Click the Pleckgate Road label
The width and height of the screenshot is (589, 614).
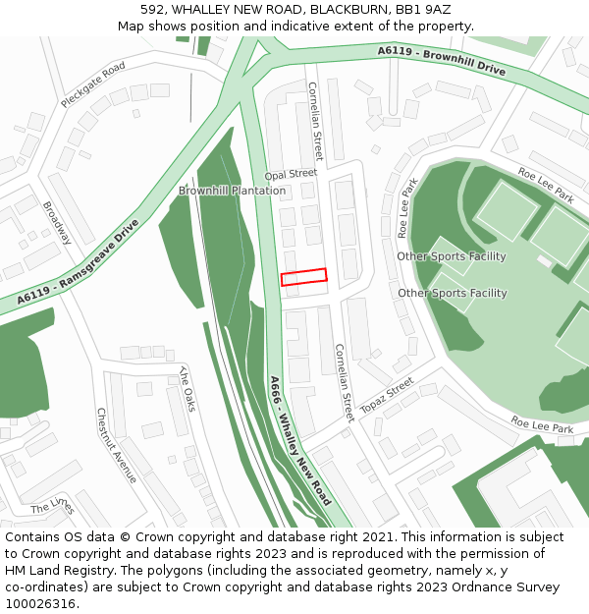(x=93, y=84)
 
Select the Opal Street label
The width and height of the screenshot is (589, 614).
(x=290, y=174)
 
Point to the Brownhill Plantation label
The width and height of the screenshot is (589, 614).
(x=232, y=191)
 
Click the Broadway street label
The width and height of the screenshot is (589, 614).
(x=57, y=223)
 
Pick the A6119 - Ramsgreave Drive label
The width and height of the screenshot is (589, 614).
(x=79, y=260)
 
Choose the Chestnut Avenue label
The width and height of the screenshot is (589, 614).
(x=116, y=445)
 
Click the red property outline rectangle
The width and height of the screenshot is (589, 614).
(x=303, y=277)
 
